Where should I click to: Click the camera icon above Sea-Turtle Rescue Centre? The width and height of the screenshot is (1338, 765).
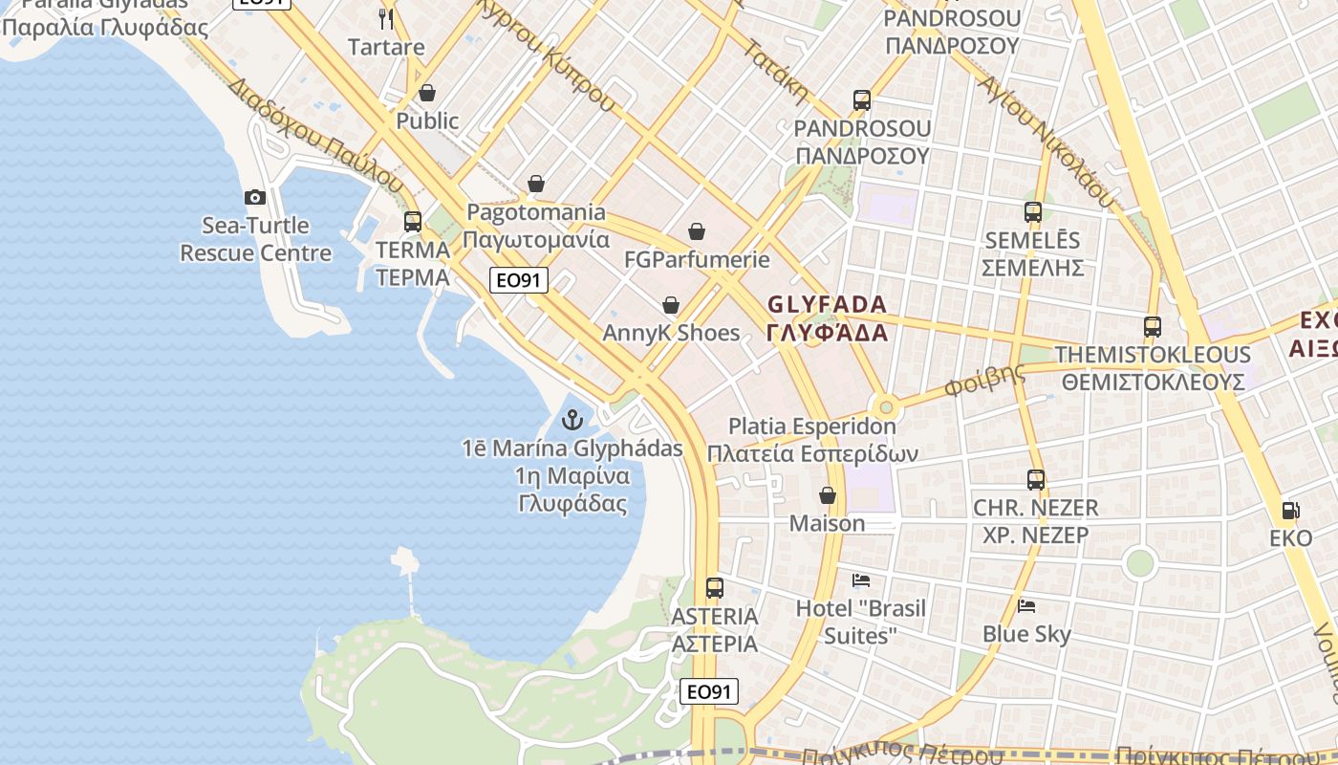(x=255, y=198)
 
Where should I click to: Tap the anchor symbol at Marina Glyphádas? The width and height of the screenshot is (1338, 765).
(x=572, y=419)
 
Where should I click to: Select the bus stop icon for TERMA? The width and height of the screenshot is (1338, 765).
(x=413, y=222)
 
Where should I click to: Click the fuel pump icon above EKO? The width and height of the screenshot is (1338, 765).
(x=1290, y=511)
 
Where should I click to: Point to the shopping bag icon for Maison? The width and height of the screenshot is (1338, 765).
(x=828, y=495)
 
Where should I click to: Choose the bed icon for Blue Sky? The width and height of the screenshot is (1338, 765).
(x=1026, y=605)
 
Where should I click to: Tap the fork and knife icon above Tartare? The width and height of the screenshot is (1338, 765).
(x=386, y=18)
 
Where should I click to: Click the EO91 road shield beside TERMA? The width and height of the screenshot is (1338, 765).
(x=520, y=280)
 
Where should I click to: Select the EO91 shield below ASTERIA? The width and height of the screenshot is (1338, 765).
(x=709, y=691)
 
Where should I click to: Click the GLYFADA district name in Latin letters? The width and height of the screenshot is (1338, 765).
(x=828, y=304)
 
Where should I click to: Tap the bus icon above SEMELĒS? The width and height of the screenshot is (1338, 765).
(x=1033, y=212)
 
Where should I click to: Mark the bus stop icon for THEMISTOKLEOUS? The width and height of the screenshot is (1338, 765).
(x=1153, y=327)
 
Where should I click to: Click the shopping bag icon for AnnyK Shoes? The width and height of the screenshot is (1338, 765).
(x=671, y=305)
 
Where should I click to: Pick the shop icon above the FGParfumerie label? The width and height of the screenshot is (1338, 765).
(x=697, y=231)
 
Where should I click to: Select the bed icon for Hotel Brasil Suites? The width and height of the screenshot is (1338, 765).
(x=861, y=579)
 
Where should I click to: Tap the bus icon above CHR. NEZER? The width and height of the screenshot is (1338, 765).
(x=1036, y=480)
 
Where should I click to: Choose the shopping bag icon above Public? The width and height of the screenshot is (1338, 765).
(x=427, y=93)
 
